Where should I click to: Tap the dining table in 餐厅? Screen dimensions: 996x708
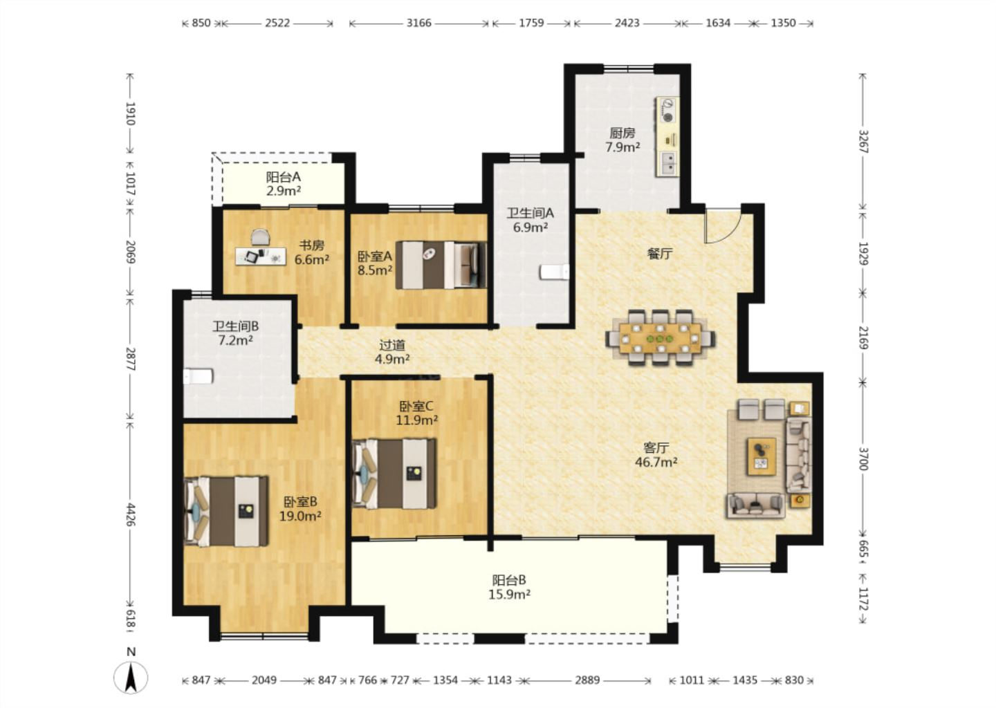coord(661,339)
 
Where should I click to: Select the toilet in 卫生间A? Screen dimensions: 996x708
coord(554,272)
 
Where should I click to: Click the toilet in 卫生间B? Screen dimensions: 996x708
coord(199,376)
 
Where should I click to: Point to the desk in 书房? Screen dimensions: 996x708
coord(261,257)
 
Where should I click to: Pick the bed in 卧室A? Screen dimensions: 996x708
coord(441,265)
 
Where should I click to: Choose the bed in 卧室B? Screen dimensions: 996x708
coord(226,511)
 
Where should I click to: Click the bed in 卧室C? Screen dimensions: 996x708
coord(394,474)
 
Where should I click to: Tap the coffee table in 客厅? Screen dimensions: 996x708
coord(762,456)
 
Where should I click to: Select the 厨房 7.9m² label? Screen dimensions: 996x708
coord(622,140)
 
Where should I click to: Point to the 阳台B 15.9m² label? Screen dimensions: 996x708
coord(510,587)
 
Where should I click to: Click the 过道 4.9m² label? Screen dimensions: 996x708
coord(392,351)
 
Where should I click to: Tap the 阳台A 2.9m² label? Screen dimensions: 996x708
coord(284,183)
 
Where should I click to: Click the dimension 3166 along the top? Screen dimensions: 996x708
coord(419,23)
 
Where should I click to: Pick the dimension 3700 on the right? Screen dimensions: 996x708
coord(863,458)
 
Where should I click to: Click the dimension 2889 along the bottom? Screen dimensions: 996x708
coord(587,680)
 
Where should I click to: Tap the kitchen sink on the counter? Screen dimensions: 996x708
coord(668,162)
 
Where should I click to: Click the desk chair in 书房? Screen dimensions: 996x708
coord(261,237)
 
